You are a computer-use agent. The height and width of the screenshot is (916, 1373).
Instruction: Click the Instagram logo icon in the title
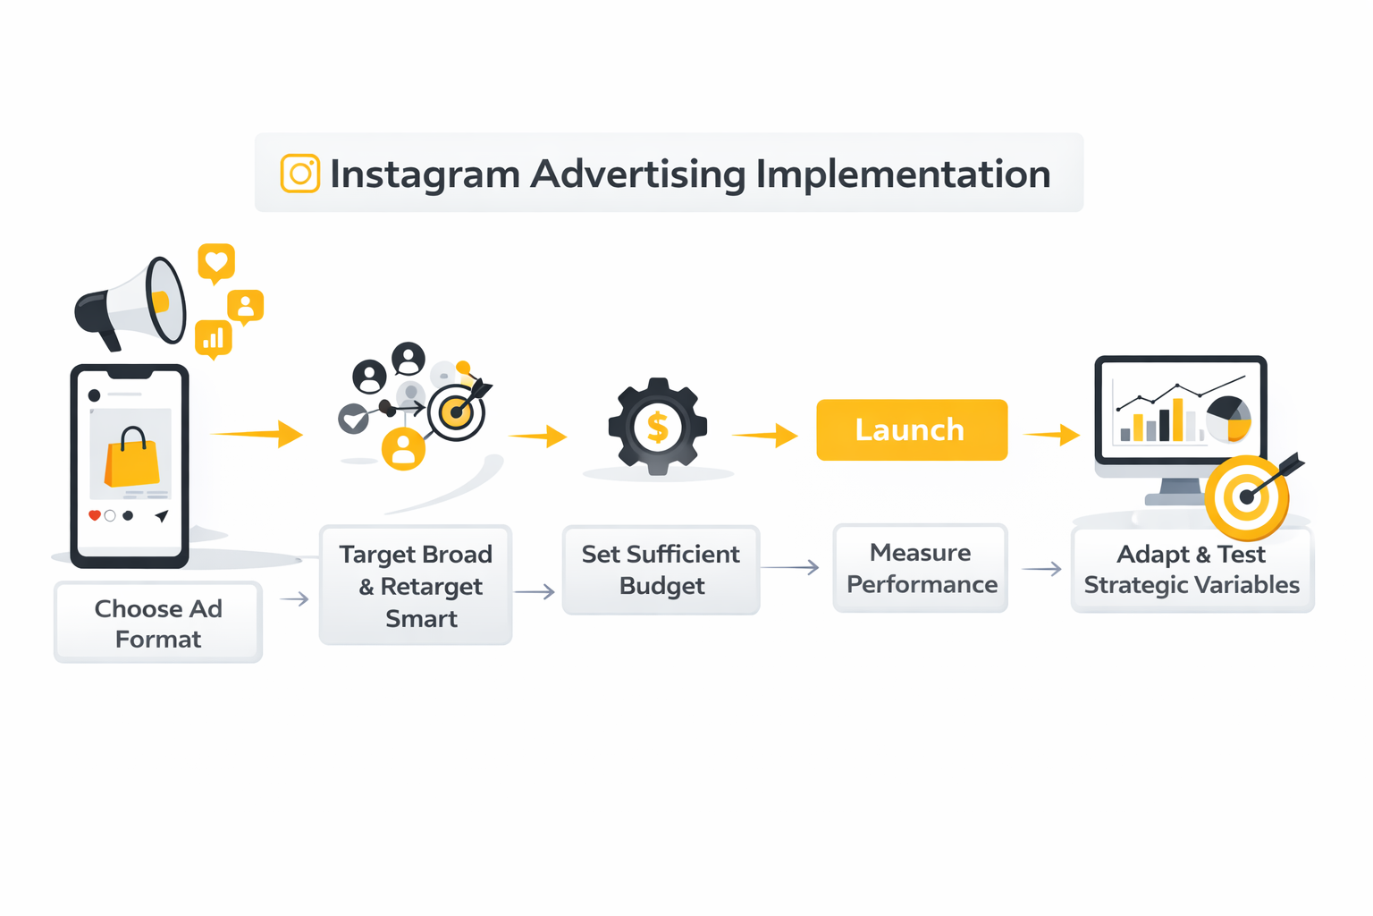tap(300, 174)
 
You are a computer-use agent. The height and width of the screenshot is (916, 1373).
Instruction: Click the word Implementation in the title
tap(903, 174)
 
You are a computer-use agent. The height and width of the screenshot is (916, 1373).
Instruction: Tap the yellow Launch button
tap(912, 430)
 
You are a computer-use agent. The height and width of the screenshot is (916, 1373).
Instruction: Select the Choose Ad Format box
tap(158, 623)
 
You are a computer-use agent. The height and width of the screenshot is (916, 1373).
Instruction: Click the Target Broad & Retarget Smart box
tap(416, 585)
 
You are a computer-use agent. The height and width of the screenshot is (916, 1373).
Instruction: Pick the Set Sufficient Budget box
tap(661, 570)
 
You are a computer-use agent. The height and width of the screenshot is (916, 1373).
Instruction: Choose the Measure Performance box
tap(921, 568)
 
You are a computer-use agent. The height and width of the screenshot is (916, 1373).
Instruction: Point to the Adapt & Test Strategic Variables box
tap(1192, 569)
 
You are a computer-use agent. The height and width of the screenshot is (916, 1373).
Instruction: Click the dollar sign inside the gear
tap(658, 428)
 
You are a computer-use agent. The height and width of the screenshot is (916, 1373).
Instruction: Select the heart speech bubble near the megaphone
tap(216, 262)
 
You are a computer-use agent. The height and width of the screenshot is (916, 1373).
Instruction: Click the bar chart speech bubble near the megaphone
tap(214, 339)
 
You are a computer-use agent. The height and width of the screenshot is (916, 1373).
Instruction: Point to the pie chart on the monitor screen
tap(1229, 418)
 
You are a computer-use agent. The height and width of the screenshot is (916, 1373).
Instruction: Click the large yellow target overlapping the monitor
tap(1247, 496)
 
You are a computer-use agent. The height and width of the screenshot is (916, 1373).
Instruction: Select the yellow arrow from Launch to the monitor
tap(1052, 436)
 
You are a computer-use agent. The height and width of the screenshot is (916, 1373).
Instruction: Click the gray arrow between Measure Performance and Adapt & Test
tap(1041, 569)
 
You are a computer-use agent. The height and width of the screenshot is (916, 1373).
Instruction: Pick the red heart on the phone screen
tap(94, 515)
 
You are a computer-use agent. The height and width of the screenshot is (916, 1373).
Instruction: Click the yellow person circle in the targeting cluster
tap(404, 448)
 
